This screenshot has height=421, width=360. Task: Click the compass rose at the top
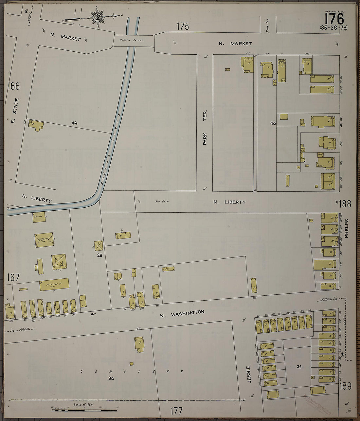click(97, 17)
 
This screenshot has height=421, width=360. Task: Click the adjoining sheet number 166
click(14, 86)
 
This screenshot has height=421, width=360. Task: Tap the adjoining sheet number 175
click(183, 26)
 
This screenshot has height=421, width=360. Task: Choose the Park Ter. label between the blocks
click(205, 128)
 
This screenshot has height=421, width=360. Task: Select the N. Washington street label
click(182, 314)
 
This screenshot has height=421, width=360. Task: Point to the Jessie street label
click(249, 374)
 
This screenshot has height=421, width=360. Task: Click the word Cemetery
click(131, 372)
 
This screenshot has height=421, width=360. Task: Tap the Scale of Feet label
click(84, 405)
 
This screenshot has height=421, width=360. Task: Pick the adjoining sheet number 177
click(176, 411)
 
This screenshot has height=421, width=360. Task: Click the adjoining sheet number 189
click(345, 386)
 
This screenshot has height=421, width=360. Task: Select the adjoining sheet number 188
click(345, 204)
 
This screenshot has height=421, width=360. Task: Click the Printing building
click(54, 284)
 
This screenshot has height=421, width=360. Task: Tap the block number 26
click(99, 255)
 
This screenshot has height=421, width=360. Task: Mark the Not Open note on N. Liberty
click(162, 202)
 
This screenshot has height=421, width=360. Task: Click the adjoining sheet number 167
click(13, 277)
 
